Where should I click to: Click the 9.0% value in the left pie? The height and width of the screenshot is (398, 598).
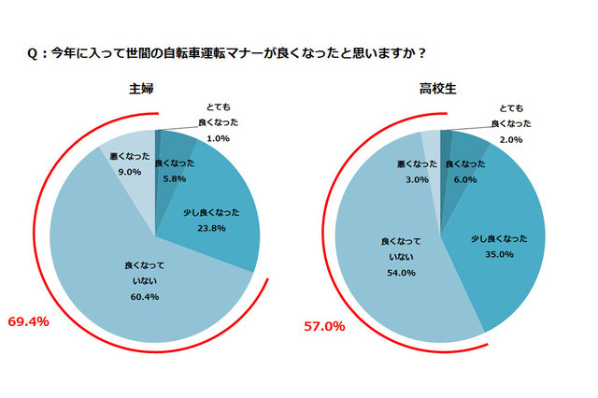tap(129, 172)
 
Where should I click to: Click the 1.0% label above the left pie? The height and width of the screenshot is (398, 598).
tap(216, 138)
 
